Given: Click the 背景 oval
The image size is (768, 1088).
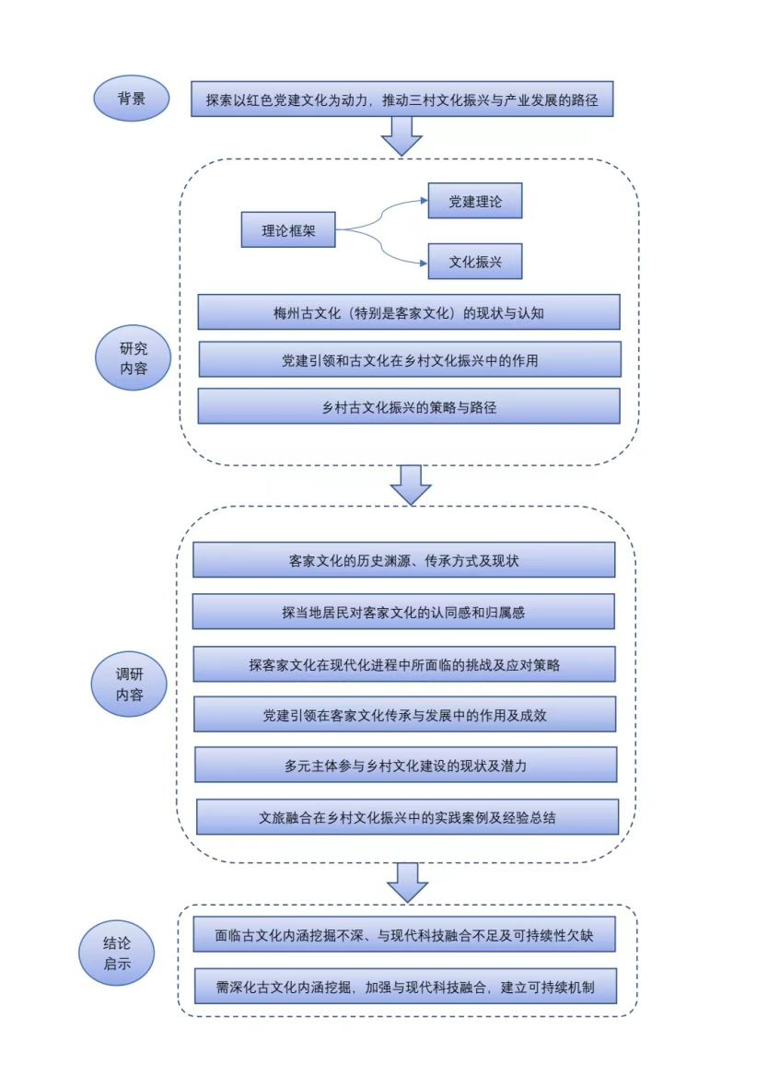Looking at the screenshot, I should [x=132, y=98].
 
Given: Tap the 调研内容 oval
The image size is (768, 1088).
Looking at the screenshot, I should [x=130, y=684].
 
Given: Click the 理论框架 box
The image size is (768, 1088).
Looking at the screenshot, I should [x=288, y=229].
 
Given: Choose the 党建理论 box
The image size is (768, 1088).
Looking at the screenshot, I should [x=475, y=201].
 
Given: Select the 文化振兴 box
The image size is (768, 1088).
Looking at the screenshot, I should [x=475, y=261].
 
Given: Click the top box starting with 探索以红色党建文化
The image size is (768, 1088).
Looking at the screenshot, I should [x=401, y=99].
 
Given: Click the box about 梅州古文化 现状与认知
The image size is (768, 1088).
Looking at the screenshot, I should [x=409, y=312].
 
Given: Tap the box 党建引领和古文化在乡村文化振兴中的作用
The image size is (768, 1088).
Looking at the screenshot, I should [x=409, y=360].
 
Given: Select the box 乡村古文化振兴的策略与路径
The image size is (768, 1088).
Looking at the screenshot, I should [x=409, y=406].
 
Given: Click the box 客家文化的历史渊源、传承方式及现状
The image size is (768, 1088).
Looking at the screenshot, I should [x=403, y=560].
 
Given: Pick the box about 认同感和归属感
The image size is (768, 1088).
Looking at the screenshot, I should [x=403, y=612].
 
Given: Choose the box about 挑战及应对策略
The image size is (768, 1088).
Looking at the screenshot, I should [x=403, y=664].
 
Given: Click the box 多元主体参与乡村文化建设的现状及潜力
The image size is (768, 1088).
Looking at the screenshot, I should [x=405, y=765].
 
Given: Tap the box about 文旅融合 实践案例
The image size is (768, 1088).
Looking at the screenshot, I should [x=406, y=817].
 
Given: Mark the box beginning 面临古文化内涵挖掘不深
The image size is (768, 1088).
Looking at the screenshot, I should [x=404, y=935].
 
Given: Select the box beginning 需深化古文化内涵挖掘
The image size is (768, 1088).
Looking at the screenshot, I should [x=404, y=987].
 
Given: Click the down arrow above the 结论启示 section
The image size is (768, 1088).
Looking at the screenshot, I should [x=406, y=882].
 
